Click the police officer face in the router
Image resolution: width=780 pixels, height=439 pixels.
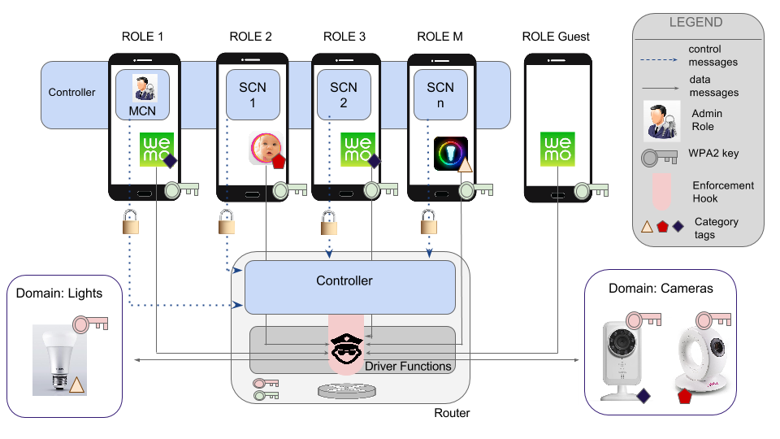click(x=349, y=350)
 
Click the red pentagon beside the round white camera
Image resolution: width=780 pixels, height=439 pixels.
click(x=684, y=398)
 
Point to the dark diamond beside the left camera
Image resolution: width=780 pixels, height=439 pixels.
click(x=643, y=396)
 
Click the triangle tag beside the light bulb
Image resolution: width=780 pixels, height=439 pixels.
click(x=76, y=385)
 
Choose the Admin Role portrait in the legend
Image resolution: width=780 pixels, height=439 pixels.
click(x=661, y=120)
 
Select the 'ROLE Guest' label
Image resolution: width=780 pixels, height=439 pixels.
click(x=557, y=37)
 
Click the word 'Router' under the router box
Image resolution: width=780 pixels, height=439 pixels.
click(x=453, y=413)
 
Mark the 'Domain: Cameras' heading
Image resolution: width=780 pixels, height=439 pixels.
click(x=661, y=289)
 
